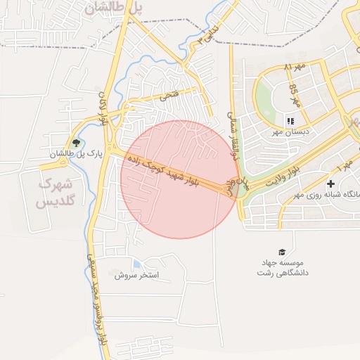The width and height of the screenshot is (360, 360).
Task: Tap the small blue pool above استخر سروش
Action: click(x=136, y=264)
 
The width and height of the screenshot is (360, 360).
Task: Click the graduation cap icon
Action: click(x=282, y=252)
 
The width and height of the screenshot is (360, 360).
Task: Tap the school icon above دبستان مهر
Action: click(x=290, y=122)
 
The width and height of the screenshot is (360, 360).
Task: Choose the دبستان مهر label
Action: click(x=291, y=131)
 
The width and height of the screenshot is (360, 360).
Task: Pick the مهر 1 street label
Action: click(x=345, y=168)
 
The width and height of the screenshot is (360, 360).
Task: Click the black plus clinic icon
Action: click(x=330, y=184)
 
